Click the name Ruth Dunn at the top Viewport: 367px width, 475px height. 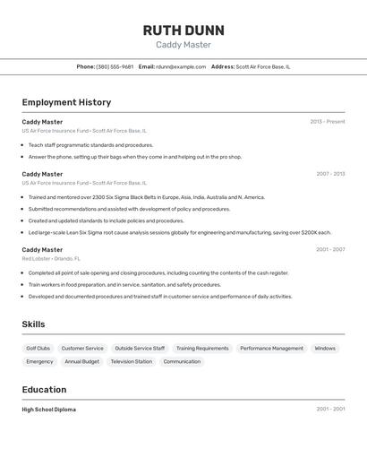[x=183, y=30]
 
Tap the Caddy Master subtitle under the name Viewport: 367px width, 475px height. [x=183, y=45]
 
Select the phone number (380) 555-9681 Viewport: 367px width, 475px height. [x=115, y=66]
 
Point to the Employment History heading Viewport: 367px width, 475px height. [x=66, y=102]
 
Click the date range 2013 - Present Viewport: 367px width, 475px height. [x=328, y=122]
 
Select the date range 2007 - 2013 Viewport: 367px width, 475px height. [x=330, y=174]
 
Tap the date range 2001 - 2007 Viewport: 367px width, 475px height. [x=330, y=250]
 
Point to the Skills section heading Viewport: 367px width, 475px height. [x=33, y=324]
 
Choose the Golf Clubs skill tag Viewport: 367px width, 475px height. [x=38, y=348]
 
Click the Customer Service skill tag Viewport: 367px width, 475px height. [x=82, y=348]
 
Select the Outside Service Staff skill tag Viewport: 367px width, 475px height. [x=140, y=348]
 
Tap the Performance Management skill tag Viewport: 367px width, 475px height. [x=271, y=348]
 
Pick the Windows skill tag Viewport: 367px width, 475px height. [x=325, y=348]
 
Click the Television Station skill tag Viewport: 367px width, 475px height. [x=132, y=361]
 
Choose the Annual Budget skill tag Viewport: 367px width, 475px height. [x=82, y=361]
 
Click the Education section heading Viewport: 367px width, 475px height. [x=44, y=390]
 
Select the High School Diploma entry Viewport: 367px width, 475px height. [x=49, y=410]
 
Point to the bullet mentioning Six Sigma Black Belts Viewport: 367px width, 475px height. [x=146, y=197]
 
